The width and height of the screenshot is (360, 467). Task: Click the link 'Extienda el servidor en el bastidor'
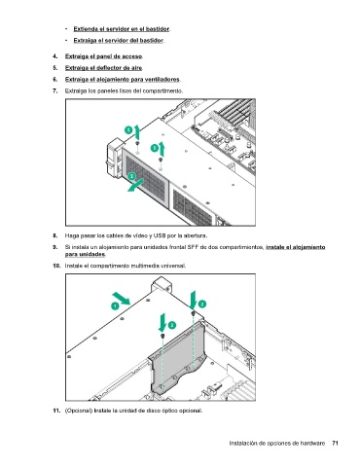tap(122, 29)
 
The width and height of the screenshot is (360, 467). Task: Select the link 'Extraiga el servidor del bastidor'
tap(119, 41)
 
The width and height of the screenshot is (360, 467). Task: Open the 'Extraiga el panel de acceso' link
tap(104, 56)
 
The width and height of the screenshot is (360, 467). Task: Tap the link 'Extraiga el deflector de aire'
tap(103, 68)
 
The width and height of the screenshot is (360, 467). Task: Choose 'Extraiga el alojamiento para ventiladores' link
tap(123, 80)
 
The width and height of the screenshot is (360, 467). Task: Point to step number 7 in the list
tap(55, 90)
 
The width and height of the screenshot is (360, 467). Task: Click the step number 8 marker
tap(55, 235)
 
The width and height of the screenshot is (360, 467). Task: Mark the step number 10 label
tap(56, 266)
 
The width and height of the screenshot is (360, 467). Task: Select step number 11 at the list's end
tap(56, 411)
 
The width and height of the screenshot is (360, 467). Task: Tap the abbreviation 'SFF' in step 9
tap(193, 247)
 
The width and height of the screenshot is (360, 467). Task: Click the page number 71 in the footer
tap(336, 443)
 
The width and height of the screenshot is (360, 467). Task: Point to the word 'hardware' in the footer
tap(312, 443)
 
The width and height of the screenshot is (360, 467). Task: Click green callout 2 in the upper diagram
tap(131, 176)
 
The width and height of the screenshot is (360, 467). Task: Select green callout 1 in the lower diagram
tap(115, 305)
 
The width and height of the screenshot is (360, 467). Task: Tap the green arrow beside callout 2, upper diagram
tap(135, 186)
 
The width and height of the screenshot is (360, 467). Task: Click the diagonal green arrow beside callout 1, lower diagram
tap(122, 299)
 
